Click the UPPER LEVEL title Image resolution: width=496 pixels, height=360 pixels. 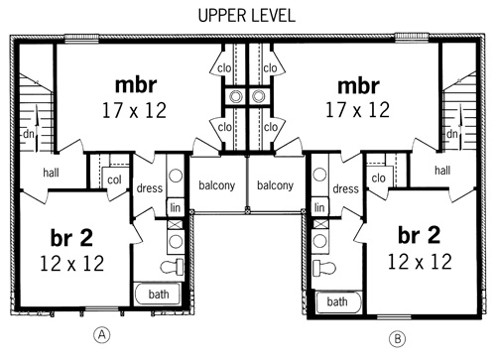[246, 16]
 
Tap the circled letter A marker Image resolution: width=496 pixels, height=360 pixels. [102, 335]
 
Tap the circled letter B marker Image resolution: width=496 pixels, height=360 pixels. [397, 339]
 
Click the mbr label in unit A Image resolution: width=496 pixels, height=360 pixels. [136, 85]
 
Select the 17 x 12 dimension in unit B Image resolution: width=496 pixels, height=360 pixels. [358, 110]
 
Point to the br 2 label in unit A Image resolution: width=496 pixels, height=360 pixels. [71, 237]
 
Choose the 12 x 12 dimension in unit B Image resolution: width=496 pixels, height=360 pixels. [420, 262]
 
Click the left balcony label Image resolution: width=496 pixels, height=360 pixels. [216, 185]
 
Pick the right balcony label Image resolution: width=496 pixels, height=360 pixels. [275, 185]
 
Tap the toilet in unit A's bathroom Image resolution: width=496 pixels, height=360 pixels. [172, 266]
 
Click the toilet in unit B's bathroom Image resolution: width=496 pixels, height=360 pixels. [324, 268]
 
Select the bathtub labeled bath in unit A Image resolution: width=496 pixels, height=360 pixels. [158, 294]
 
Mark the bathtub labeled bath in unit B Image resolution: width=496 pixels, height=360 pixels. [338, 301]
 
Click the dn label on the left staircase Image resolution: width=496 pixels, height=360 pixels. [29, 134]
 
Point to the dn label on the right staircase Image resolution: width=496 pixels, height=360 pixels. [451, 134]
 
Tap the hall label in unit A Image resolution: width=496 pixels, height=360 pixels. [51, 173]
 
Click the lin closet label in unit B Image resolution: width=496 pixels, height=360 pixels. [319, 207]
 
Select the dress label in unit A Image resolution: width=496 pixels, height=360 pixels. [150, 188]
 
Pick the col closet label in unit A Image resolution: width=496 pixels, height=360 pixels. [114, 180]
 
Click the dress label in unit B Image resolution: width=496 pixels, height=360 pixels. [345, 188]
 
